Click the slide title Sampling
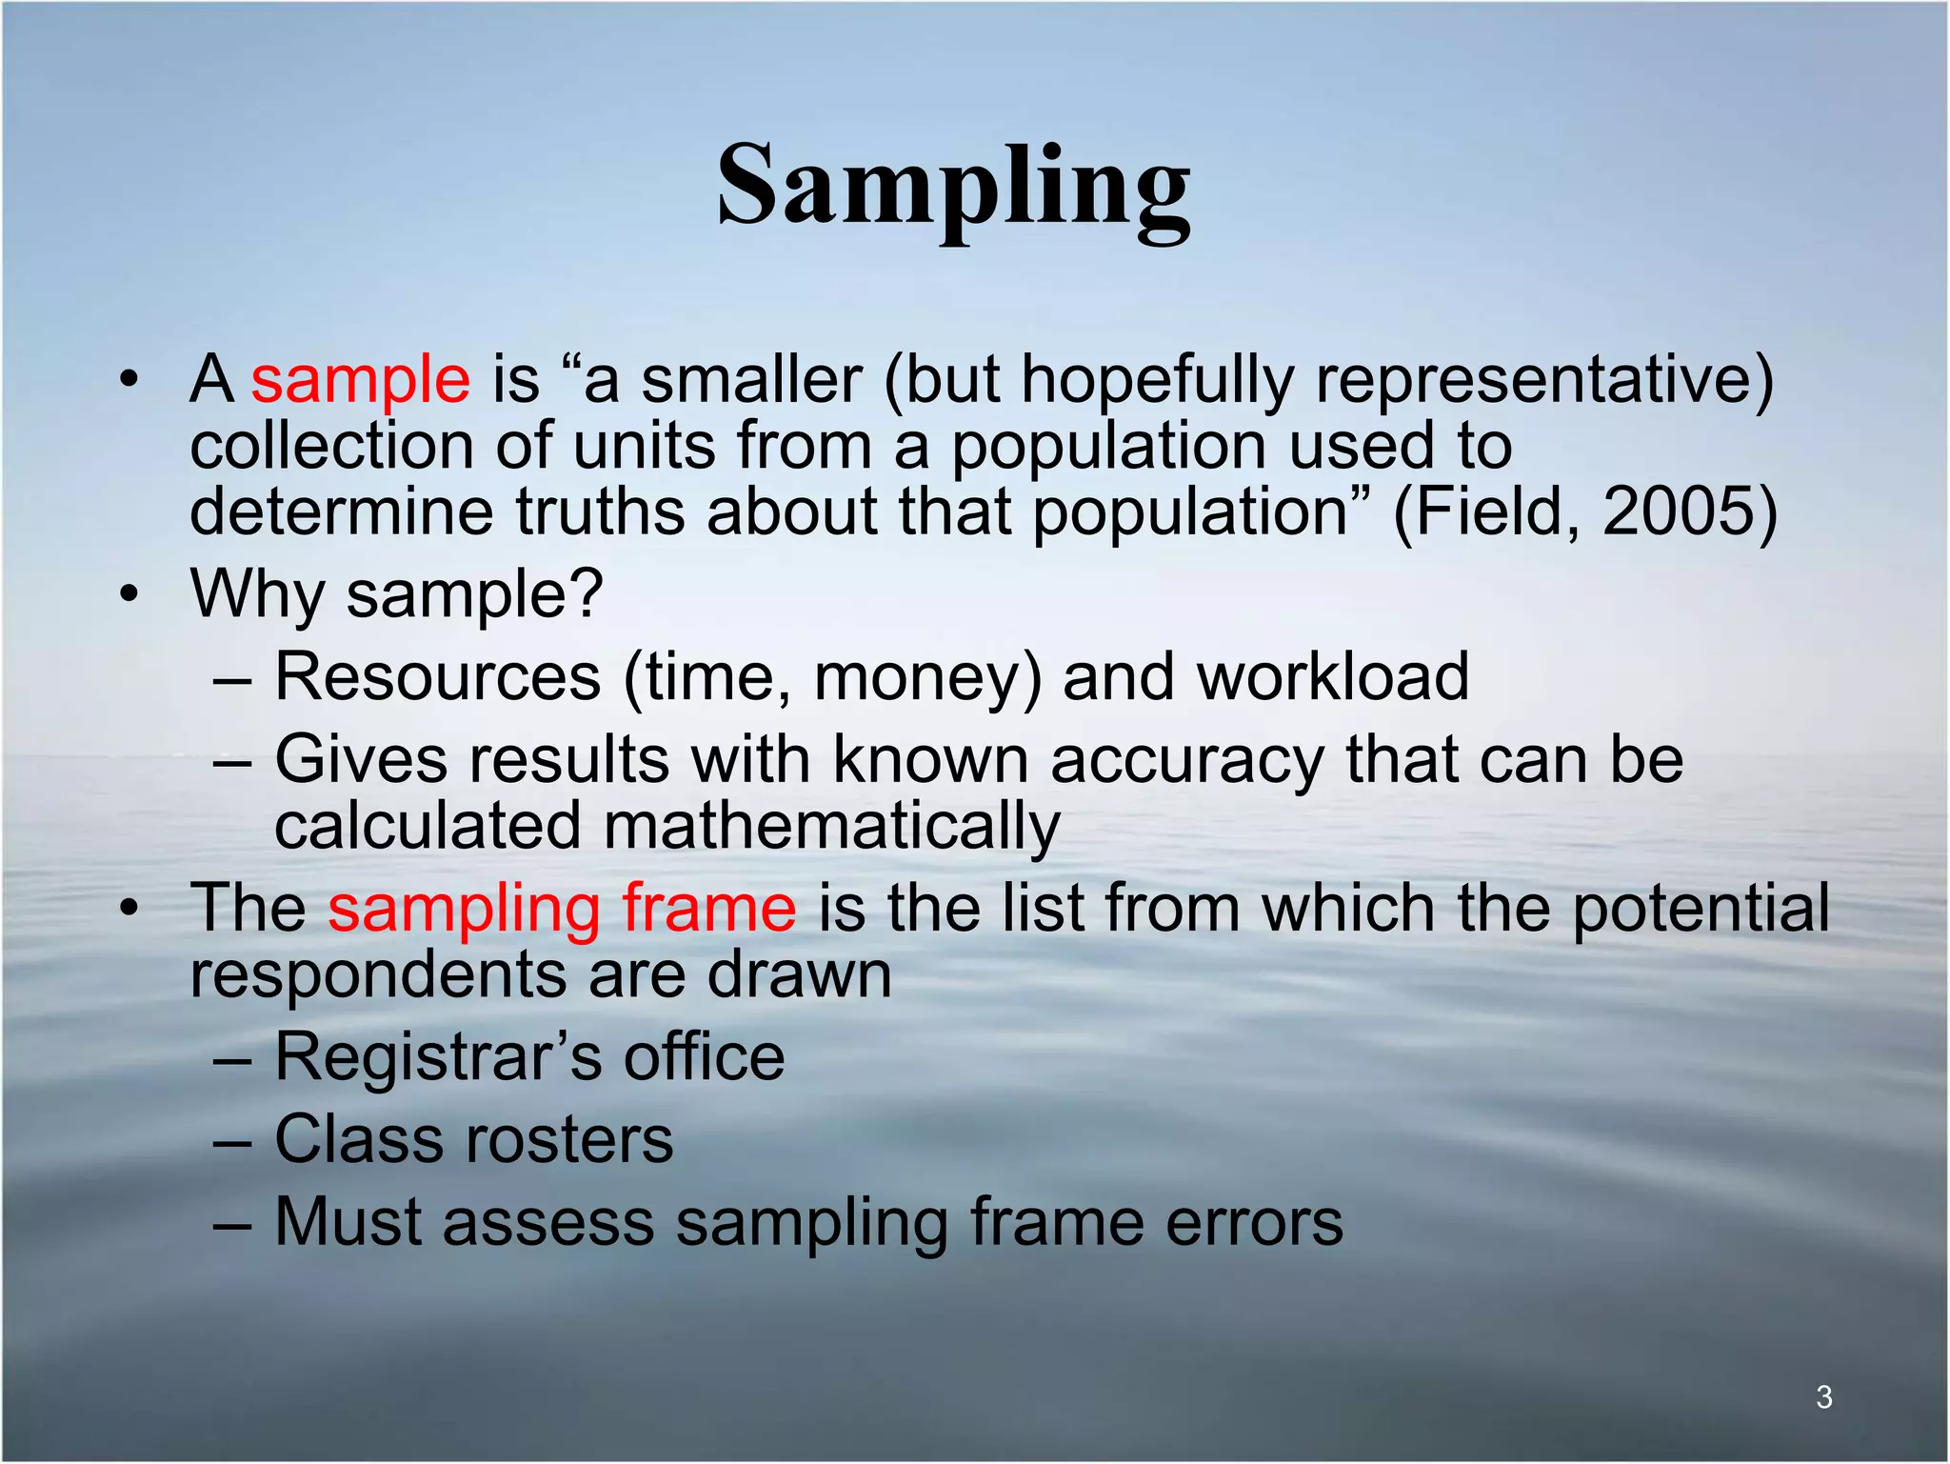(x=953, y=187)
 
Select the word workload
(x=1333, y=677)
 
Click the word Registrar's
(x=438, y=1057)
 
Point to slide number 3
(x=1823, y=1396)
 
